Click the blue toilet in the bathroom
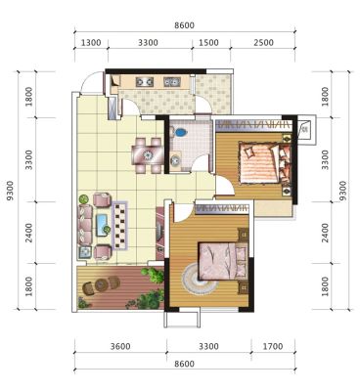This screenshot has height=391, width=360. (180, 132)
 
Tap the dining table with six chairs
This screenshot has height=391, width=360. (148, 154)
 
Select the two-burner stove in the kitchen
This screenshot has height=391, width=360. (145, 81)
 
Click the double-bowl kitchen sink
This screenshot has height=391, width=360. (172, 81)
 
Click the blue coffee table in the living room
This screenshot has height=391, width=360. (102, 225)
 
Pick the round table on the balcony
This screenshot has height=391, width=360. (103, 284)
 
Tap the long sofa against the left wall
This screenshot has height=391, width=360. (85, 225)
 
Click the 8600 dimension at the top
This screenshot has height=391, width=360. (184, 25)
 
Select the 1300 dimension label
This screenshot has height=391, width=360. (91, 43)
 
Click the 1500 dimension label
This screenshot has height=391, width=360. (208, 43)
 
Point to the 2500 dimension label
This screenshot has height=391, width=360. (263, 43)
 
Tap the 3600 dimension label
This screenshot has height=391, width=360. (120, 346)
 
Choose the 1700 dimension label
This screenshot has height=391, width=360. (273, 346)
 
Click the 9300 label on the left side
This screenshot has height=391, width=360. (10, 191)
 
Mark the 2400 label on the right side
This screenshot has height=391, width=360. (325, 233)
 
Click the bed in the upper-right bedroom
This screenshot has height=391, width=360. (264, 162)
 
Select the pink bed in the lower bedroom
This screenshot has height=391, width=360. (223, 261)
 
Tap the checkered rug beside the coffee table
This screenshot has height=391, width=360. (119, 226)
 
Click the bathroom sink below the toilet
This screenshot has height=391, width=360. (175, 159)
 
